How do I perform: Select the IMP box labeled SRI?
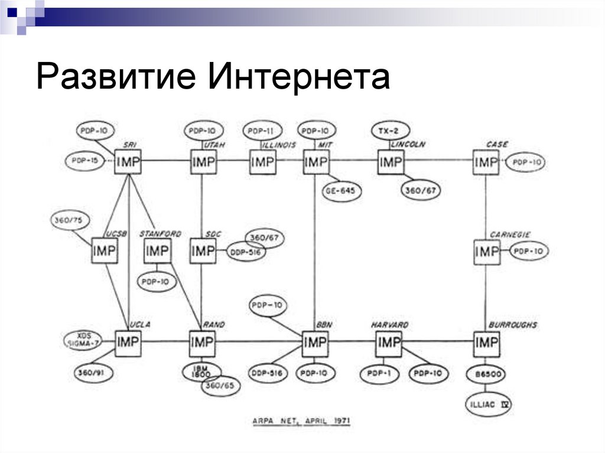[128, 161]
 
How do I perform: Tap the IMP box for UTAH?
[203, 161]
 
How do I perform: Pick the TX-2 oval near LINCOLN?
[391, 131]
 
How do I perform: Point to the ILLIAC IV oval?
[487, 405]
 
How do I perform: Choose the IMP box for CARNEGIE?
[487, 252]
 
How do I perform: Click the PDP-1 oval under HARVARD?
[379, 374]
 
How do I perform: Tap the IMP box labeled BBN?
[315, 343]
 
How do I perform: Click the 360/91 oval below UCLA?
[95, 373]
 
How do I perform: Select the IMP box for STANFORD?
[157, 252]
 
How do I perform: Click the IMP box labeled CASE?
[486, 161]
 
